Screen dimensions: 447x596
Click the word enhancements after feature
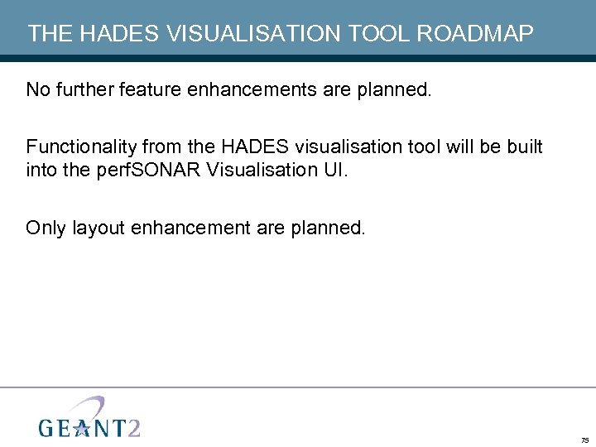coord(253,89)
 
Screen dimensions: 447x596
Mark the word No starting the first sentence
coord(37,89)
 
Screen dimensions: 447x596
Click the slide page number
coord(584,440)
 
